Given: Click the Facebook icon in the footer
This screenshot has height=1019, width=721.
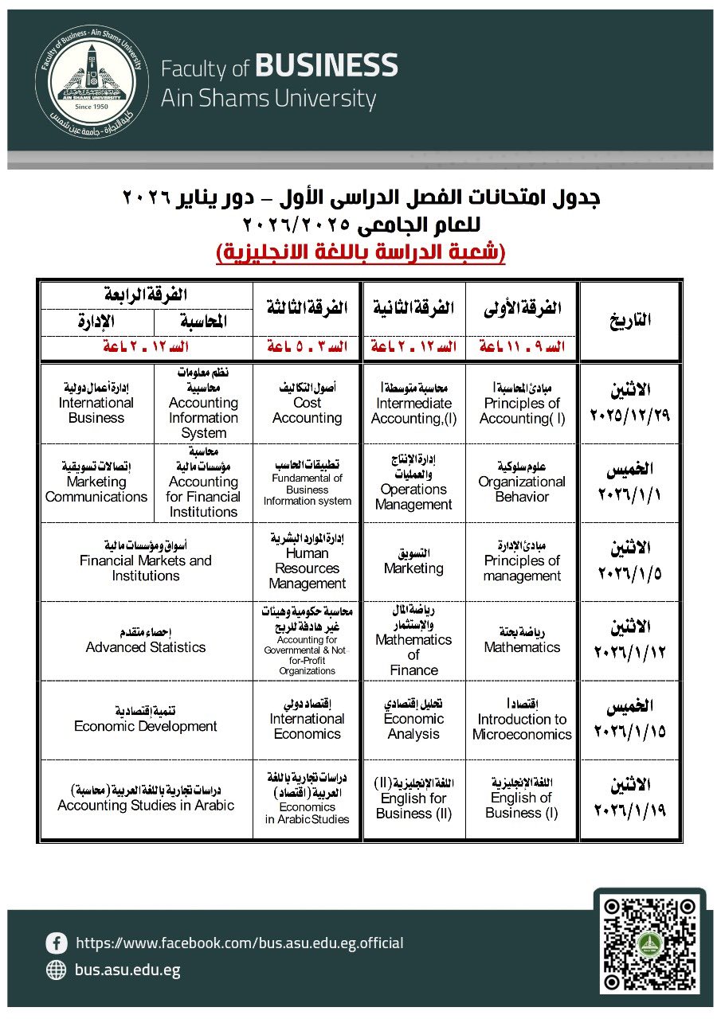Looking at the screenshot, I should coord(57,943).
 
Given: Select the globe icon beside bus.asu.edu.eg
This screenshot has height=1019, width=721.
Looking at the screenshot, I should coord(57,970).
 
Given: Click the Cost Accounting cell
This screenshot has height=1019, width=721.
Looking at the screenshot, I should coord(307,404).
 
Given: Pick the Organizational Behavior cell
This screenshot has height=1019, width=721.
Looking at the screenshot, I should coord(522,482).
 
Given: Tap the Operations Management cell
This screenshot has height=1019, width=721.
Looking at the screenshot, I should coord(413,482).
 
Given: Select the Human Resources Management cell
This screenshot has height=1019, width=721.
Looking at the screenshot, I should coord(307,561).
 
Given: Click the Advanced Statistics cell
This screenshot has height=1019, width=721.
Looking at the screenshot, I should coord(146,641).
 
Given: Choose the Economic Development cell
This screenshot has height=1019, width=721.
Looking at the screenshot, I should coord(146,720).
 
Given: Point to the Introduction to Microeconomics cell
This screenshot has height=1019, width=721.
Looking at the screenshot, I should coord(522,720).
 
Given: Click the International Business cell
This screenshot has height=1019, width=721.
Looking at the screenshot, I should coord(96,404).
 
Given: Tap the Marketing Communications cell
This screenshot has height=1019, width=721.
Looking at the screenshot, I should coord(96,482).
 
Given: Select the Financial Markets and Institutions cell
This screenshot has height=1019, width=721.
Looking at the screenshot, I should coord(146,561).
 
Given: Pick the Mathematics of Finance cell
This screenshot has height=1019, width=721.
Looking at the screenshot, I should coord(413,641).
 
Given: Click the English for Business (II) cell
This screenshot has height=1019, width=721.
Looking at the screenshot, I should coord(413,798).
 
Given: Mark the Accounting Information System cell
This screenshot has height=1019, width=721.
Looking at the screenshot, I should coord(203,404).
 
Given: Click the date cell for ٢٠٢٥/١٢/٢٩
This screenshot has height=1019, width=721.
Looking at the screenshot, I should coord(630,404).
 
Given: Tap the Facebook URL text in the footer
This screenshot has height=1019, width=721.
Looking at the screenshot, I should coord(239,943).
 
